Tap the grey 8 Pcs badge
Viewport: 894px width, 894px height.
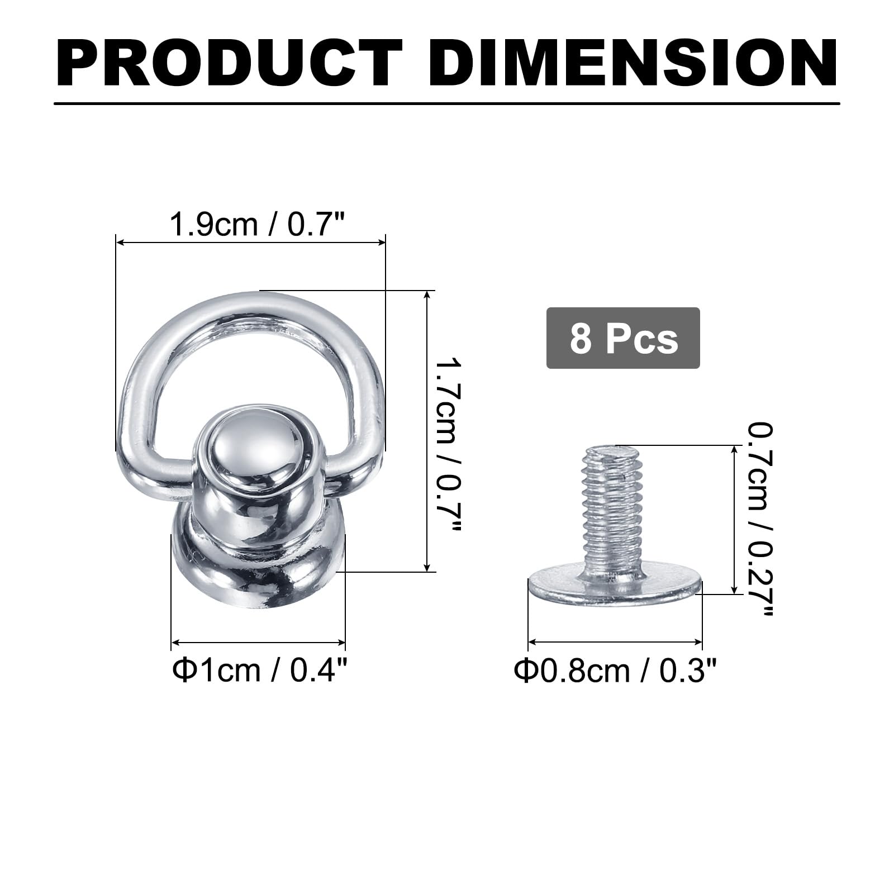pos(623,338)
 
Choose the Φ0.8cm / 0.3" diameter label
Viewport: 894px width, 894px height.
pos(615,670)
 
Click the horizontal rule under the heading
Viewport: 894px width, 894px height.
pos(447,103)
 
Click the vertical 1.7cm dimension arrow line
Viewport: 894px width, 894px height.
pos(427,430)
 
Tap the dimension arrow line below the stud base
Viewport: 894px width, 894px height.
pos(258,643)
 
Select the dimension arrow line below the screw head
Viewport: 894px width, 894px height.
pos(615,642)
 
